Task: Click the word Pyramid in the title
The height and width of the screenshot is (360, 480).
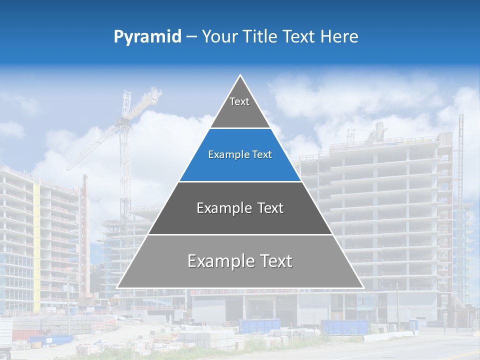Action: pos(147,37)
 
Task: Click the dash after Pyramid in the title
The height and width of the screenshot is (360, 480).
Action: pos(191,37)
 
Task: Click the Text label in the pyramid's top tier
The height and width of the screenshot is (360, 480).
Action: pos(239,101)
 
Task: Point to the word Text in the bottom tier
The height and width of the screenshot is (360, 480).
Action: pos(275,261)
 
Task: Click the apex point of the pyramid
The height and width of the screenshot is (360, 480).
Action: pos(240,75)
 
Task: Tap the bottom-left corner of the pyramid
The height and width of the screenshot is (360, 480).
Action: pos(117,287)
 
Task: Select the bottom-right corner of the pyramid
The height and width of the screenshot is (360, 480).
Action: pos(363,287)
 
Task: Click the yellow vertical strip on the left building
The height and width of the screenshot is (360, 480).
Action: pos(36,240)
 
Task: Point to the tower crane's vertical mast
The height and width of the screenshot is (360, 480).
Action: pos(124,165)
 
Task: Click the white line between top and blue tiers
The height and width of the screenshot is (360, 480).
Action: pos(240,128)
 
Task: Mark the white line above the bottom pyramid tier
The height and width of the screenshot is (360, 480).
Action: pos(240,234)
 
